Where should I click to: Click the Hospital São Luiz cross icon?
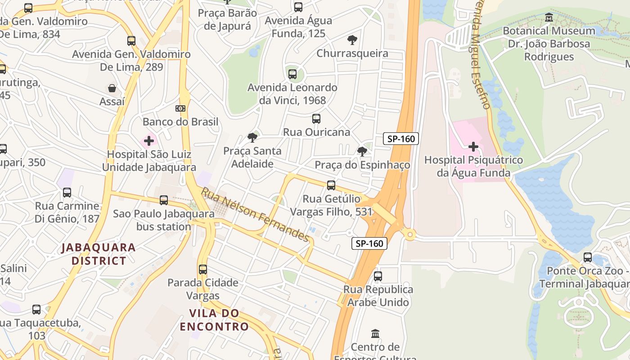(x=149, y=141)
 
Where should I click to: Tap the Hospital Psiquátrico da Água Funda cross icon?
(x=473, y=147)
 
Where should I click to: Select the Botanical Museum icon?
(x=549, y=18)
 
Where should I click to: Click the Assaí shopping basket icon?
(x=112, y=88)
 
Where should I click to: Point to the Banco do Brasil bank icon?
(x=180, y=108)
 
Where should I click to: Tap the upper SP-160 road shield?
(x=401, y=139)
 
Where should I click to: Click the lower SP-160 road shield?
(x=369, y=243)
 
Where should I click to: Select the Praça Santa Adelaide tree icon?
(x=252, y=138)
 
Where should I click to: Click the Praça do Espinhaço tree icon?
(x=362, y=152)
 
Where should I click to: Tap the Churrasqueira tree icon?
(x=352, y=40)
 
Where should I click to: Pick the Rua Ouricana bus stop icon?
(x=316, y=119)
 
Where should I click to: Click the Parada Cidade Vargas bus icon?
(x=203, y=270)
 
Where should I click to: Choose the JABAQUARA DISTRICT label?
(x=99, y=254)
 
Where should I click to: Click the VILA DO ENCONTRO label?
(x=214, y=320)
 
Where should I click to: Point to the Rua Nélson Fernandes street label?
(x=256, y=215)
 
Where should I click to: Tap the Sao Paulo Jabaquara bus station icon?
(x=164, y=200)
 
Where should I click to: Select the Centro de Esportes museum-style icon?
(x=375, y=334)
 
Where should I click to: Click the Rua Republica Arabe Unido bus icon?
(x=378, y=276)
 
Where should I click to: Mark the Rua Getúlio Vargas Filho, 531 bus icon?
(x=331, y=185)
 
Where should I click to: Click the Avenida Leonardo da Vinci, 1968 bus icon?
(x=292, y=74)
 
